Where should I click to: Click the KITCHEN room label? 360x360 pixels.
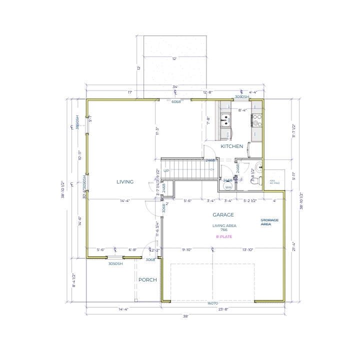point(232,146)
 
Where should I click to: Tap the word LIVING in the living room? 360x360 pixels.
point(125,182)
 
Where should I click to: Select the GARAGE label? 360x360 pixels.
point(223,214)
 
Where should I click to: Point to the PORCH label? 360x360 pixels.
point(147,280)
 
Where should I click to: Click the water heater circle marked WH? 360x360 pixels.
point(228,187)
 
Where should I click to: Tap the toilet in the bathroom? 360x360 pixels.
point(254,182)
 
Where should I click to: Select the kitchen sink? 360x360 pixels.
point(226,119)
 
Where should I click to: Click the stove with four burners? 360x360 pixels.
point(256,119)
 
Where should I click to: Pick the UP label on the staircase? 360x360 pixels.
point(166,171)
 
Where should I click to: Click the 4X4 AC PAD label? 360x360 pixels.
point(272,181)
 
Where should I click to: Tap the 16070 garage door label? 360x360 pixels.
point(213,303)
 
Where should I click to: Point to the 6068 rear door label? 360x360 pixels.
point(176,101)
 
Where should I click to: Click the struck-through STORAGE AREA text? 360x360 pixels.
point(270,222)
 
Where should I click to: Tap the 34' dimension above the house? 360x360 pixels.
point(175,87)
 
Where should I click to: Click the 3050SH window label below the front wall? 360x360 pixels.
point(115,263)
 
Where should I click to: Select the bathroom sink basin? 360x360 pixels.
point(256,167)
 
